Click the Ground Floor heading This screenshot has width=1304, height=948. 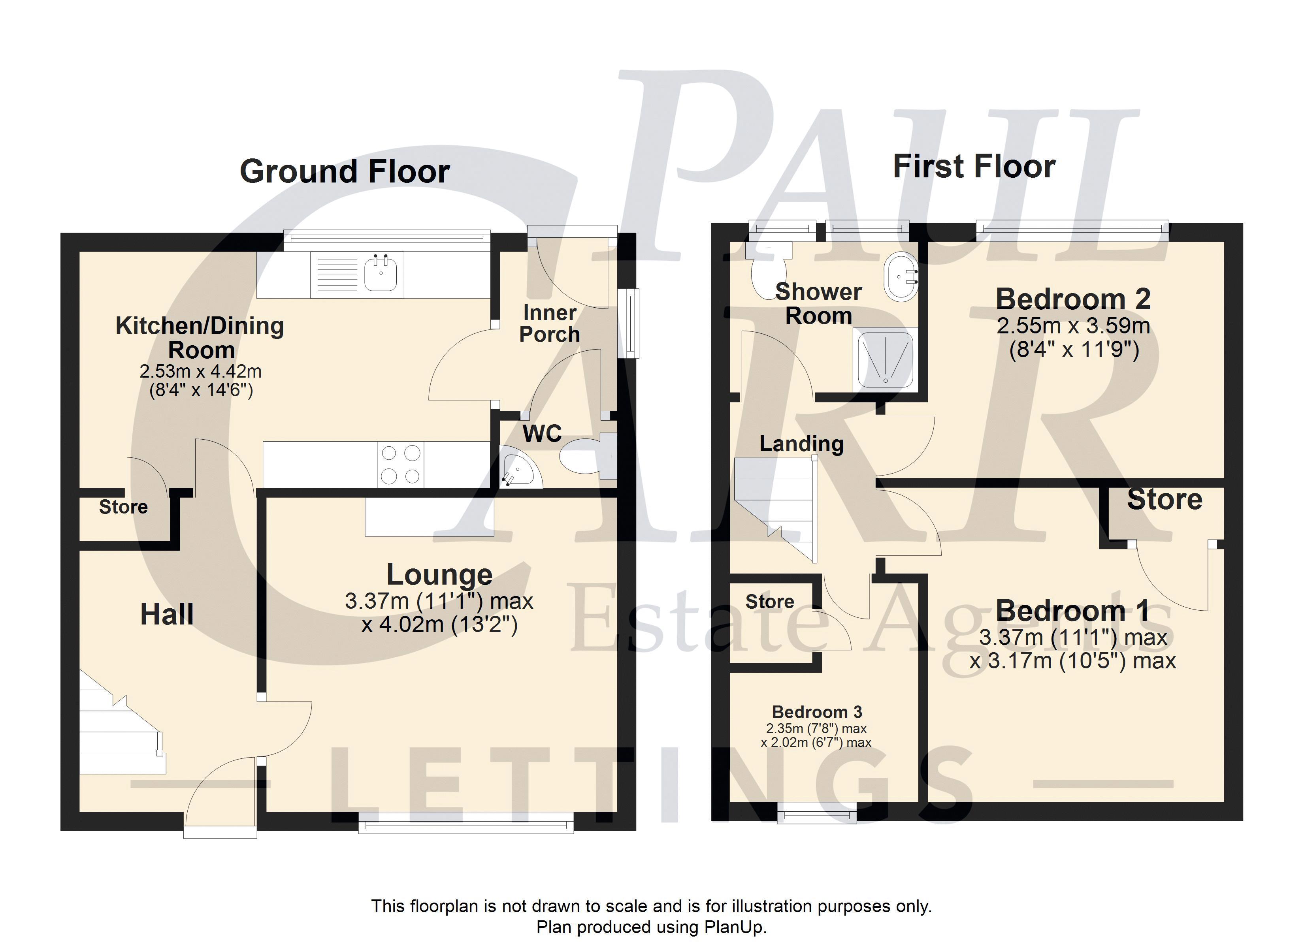(345, 171)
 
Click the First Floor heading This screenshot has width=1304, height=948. (974, 167)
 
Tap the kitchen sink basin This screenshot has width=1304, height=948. (381, 273)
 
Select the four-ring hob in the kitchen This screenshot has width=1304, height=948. (400, 465)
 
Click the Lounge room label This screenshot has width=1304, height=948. (439, 574)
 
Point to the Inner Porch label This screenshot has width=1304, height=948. (549, 324)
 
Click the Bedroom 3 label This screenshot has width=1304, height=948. (817, 712)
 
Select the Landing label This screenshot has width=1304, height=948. (801, 443)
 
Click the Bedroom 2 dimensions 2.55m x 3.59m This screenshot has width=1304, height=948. (1073, 326)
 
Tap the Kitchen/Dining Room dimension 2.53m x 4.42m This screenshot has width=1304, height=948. (201, 371)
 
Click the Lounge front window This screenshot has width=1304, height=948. (466, 822)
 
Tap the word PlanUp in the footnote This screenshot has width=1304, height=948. (735, 927)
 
